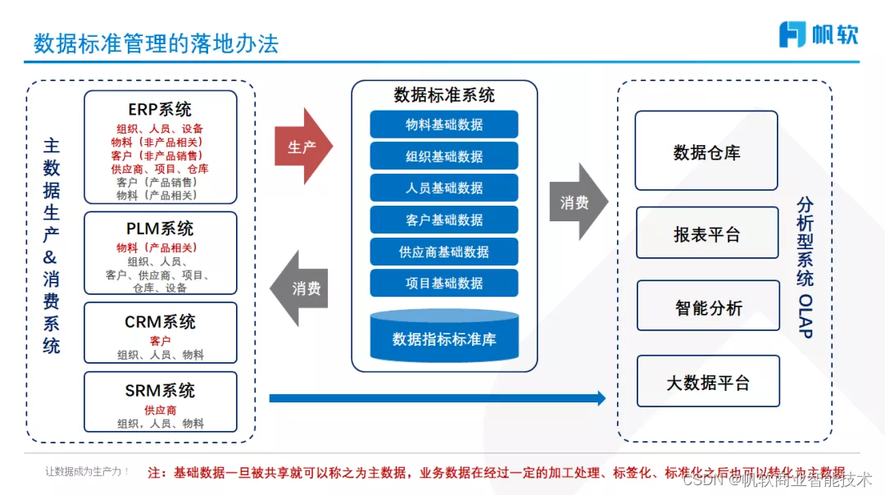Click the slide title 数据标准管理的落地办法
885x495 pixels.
(156, 43)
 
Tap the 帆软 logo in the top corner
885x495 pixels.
(818, 34)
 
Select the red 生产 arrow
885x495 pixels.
(302, 147)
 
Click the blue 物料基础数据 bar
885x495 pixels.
(444, 125)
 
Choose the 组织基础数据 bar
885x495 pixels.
(444, 156)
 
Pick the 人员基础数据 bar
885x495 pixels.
(444, 188)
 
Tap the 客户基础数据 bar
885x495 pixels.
(444, 220)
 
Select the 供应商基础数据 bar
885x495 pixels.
(444, 252)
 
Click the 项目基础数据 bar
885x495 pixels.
(444, 283)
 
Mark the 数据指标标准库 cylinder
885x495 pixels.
(444, 338)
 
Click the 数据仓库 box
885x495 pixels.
(706, 152)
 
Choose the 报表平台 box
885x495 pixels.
(706, 234)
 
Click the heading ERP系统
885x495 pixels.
(160, 109)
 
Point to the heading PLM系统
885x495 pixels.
(160, 229)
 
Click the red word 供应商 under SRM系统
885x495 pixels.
(161, 410)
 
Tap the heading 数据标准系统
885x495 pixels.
(444, 95)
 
